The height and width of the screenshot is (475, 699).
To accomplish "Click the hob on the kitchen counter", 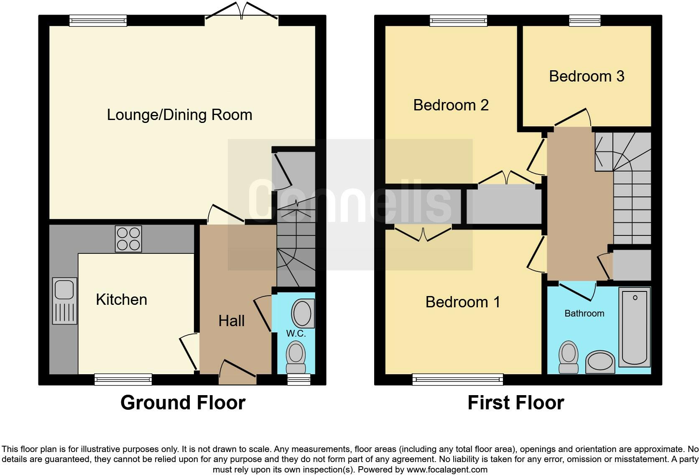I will (x=128, y=239).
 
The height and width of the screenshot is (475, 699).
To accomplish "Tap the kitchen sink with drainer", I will (x=64, y=301).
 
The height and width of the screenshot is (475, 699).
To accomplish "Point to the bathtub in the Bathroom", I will (x=634, y=327).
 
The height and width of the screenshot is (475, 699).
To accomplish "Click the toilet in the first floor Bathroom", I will (x=569, y=357).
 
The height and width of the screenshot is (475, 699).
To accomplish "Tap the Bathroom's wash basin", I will (x=600, y=362).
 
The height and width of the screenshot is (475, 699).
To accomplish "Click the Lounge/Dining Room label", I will (x=179, y=115).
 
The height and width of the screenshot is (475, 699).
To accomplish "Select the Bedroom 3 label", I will (x=586, y=76).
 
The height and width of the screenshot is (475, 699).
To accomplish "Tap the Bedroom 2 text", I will (x=451, y=105).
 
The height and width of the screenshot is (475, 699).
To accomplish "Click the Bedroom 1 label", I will (x=462, y=302).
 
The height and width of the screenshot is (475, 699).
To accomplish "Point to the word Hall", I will (x=231, y=321).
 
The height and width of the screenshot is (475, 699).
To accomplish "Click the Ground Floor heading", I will (x=183, y=403).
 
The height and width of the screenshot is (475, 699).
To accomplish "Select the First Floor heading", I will (x=515, y=403).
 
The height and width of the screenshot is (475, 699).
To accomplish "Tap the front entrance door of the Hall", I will (x=237, y=373).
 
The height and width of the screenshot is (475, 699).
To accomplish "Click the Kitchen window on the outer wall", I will (x=123, y=379).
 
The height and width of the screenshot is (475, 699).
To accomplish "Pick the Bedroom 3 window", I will (x=584, y=20).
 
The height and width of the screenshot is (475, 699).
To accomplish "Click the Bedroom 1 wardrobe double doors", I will (x=423, y=234).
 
